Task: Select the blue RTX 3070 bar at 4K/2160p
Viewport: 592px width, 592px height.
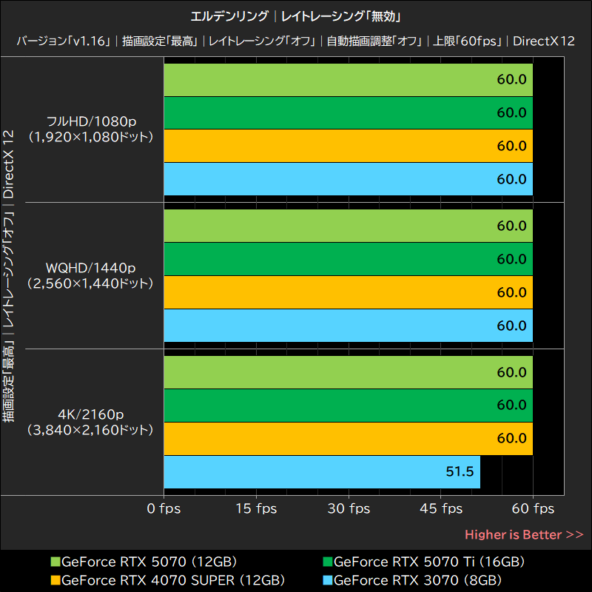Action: [x=322, y=471]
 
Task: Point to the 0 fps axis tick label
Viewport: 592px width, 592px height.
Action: [x=164, y=508]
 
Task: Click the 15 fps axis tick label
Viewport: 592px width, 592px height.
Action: [x=257, y=508]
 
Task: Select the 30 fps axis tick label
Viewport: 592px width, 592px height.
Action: [x=349, y=508]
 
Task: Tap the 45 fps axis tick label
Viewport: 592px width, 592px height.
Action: [x=442, y=508]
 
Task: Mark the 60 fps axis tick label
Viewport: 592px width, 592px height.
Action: [x=534, y=508]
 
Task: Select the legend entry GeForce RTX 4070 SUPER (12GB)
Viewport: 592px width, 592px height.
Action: [x=166, y=579]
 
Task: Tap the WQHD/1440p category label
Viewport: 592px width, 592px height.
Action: [x=90, y=267]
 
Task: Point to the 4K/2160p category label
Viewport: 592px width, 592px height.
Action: [x=90, y=414]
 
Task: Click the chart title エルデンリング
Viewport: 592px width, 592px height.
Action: [x=229, y=16]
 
